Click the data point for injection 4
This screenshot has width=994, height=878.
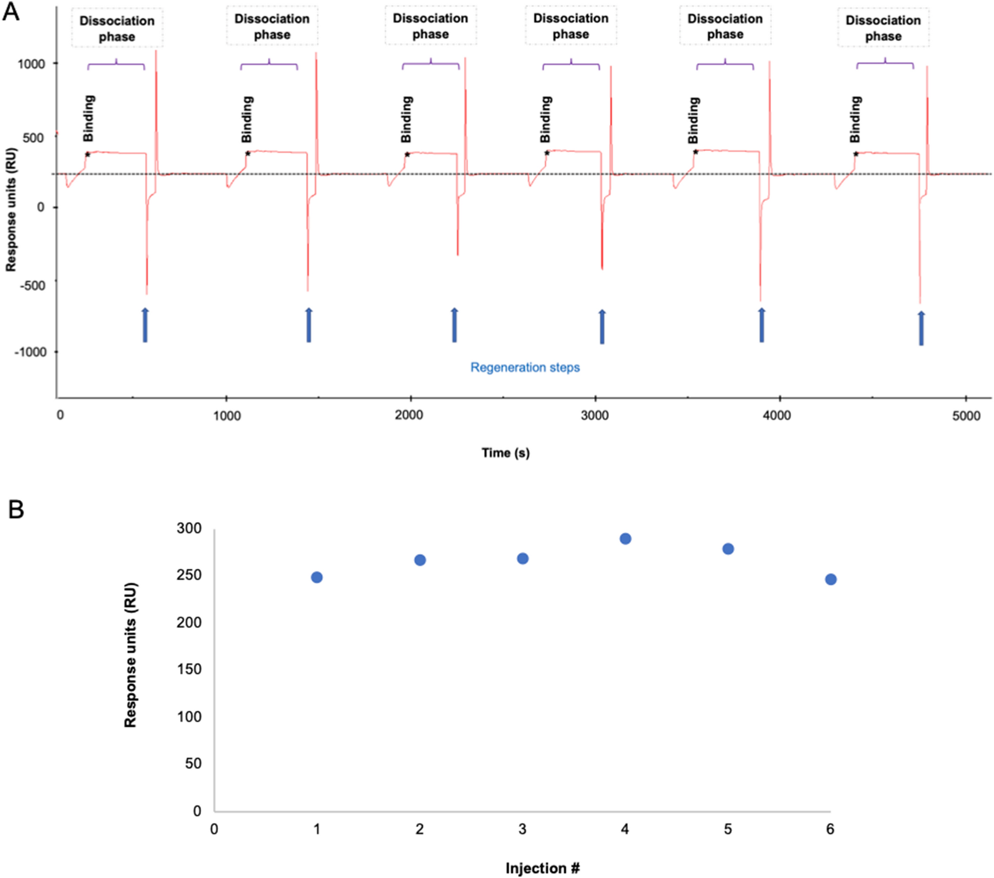click(625, 539)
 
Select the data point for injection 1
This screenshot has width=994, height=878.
click(317, 577)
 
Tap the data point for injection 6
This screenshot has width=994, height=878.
click(831, 579)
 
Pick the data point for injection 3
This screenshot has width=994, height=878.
click(522, 559)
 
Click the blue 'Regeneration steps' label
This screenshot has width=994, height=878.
click(524, 367)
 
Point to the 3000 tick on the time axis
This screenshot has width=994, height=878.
click(595, 415)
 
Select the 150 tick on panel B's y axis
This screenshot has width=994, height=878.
click(189, 669)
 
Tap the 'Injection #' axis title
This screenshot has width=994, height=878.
click(542, 868)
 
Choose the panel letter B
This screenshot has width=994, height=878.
click(16, 510)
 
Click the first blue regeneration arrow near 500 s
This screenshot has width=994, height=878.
click(145, 325)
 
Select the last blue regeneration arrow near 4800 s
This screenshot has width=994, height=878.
click(921, 328)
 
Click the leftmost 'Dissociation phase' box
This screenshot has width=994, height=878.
click(117, 28)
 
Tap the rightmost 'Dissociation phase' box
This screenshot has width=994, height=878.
click(883, 28)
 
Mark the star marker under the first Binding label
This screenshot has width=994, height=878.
click(87, 155)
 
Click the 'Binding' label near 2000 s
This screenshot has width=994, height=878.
click(406, 119)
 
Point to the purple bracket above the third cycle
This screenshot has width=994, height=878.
click(431, 64)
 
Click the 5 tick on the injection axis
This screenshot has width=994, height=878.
click(728, 830)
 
